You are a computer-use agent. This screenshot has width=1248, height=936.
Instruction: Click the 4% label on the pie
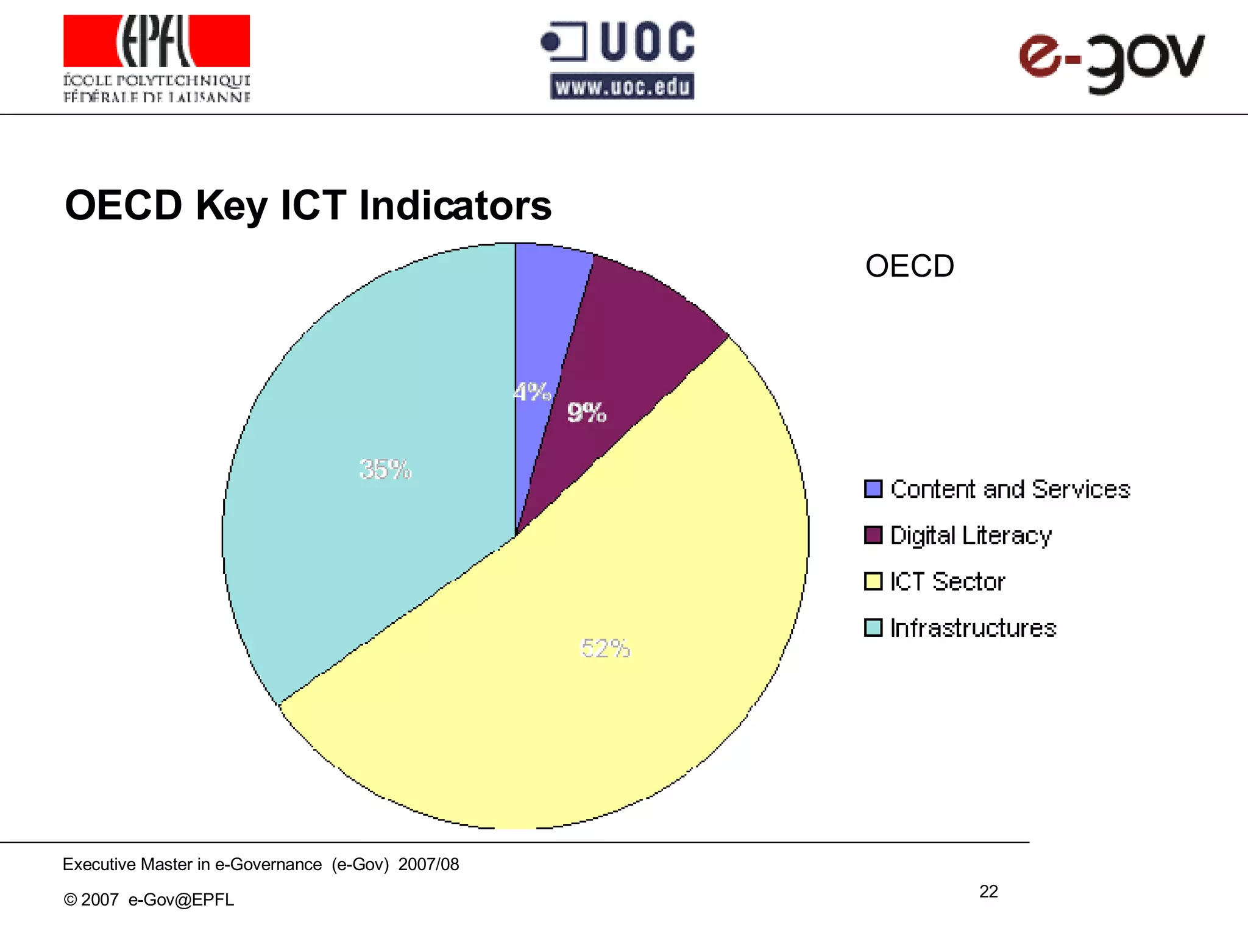(533, 392)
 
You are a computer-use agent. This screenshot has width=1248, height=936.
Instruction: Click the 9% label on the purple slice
(586, 413)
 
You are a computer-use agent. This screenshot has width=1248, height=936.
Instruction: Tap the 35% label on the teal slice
(385, 469)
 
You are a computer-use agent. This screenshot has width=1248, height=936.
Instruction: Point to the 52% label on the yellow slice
(605, 648)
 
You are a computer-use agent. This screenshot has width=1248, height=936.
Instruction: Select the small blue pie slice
(546, 317)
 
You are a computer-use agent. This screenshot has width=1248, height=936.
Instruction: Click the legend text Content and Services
(1010, 489)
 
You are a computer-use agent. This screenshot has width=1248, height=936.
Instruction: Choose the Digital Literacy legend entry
(970, 536)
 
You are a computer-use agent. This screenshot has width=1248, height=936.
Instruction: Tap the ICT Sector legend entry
(947, 582)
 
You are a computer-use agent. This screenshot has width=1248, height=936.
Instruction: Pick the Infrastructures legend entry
(973, 628)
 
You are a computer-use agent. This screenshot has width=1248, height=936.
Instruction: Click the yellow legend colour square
(873, 581)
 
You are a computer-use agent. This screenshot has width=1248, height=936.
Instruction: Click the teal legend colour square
(873, 628)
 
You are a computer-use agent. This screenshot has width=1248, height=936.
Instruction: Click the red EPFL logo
(157, 41)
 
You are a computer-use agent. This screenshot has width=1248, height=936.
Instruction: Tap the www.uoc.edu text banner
(622, 87)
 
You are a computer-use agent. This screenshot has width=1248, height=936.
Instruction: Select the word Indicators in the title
(455, 205)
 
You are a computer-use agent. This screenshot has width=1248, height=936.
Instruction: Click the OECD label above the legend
(909, 266)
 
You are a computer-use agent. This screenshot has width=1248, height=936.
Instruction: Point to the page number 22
(988, 892)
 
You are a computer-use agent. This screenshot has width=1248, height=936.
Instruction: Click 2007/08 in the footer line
(428, 864)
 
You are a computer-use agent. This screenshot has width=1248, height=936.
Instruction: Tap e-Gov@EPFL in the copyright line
(181, 899)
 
